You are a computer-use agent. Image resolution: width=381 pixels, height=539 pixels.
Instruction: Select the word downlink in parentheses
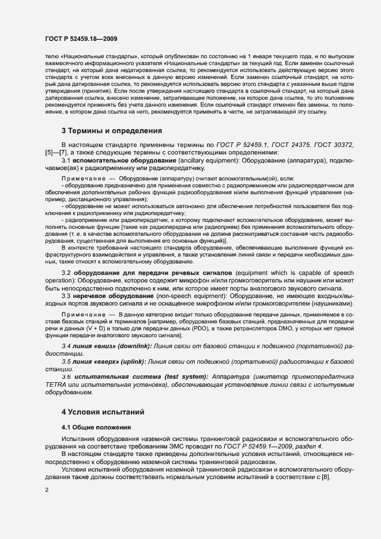tap(135, 345)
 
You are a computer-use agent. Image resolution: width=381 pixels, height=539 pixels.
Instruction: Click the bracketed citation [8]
tap(325, 481)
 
